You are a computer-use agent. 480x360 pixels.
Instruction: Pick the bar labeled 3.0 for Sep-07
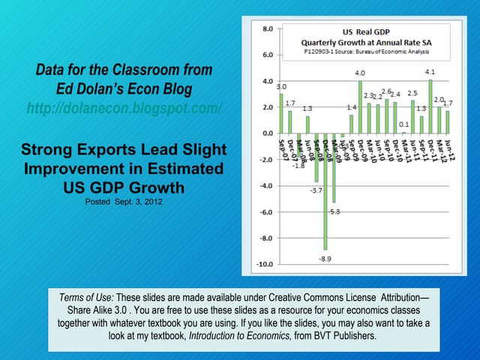tap(281, 113)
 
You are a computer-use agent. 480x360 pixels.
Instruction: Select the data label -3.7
tap(316, 190)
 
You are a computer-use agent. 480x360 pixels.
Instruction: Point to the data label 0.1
tap(404, 124)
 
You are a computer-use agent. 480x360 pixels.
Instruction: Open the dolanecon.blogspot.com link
tap(124, 109)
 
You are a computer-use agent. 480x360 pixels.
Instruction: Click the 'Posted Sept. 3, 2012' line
tap(124, 202)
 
